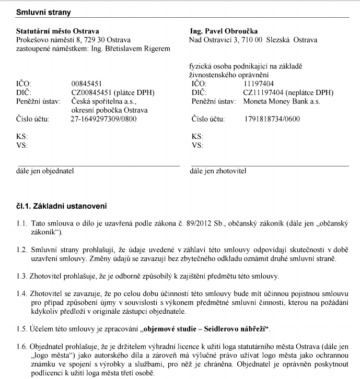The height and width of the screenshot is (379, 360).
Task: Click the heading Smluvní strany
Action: (x=44, y=11)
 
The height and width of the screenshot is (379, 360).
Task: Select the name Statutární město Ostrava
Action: (x=57, y=31)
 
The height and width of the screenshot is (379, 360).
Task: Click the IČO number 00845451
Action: (x=87, y=83)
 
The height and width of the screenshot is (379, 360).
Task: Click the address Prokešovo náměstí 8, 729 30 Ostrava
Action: (x=74, y=40)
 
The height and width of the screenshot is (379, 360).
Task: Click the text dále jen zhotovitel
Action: (x=218, y=170)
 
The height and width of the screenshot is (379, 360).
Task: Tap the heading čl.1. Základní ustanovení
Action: (x=61, y=207)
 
